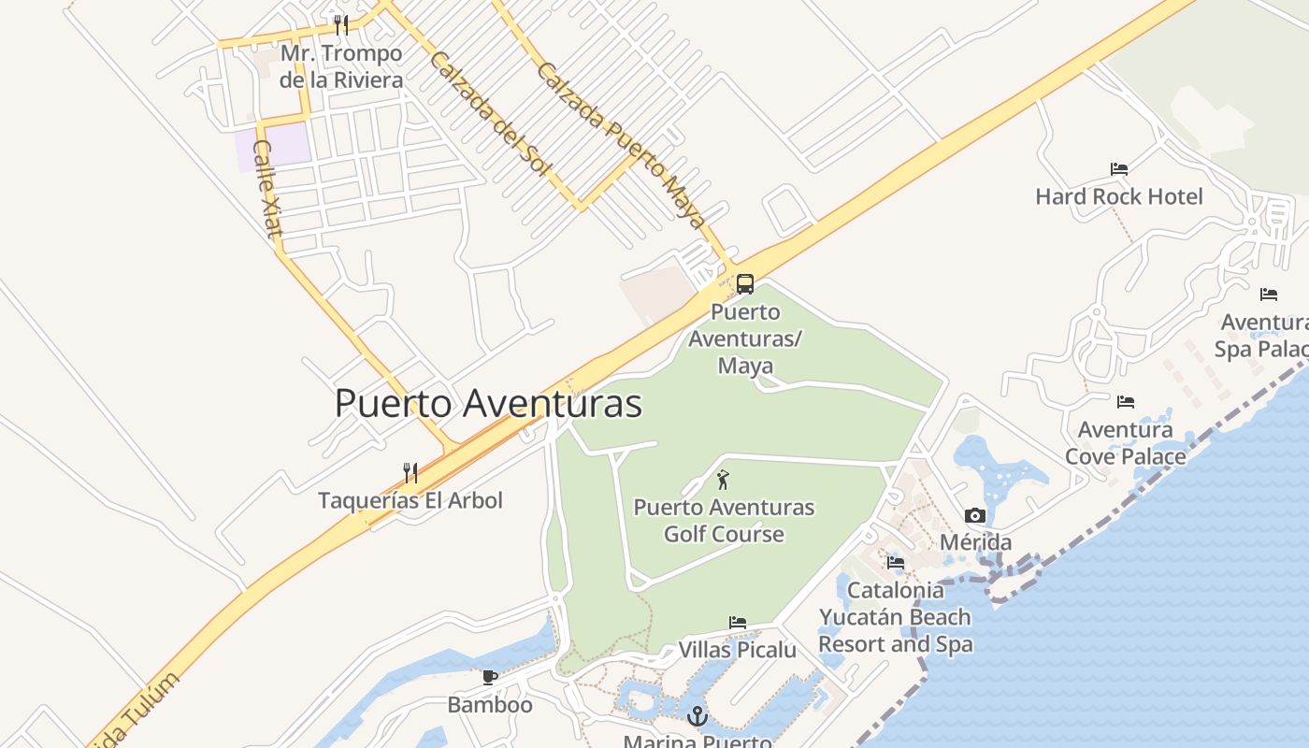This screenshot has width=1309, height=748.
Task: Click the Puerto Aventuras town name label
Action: tap(488, 404)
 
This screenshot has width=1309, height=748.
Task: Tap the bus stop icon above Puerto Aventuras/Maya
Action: tap(745, 284)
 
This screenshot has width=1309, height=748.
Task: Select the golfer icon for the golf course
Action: tap(723, 481)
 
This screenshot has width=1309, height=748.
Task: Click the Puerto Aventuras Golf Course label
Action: tap(724, 521)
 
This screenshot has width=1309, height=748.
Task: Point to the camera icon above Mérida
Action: tap(975, 515)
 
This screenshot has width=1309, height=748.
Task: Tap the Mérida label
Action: tap(975, 542)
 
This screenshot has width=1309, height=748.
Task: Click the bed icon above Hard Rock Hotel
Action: tap(1119, 169)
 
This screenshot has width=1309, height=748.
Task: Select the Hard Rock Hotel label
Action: tap(1119, 196)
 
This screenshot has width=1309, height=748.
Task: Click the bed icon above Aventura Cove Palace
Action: tap(1126, 402)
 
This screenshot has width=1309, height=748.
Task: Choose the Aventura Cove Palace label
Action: tap(1126, 443)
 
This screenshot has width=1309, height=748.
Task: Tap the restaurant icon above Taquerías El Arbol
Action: tap(410, 472)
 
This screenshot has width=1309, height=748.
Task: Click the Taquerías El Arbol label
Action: tap(410, 500)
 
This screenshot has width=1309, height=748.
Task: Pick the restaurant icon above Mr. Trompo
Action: tap(341, 24)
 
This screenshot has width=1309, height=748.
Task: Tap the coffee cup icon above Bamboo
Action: tap(489, 677)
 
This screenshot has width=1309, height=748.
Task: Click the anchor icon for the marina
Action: tap(697, 717)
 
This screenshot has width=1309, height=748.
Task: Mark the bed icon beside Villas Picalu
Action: tap(738, 623)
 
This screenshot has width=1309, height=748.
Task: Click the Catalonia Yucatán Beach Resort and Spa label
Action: tap(895, 617)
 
